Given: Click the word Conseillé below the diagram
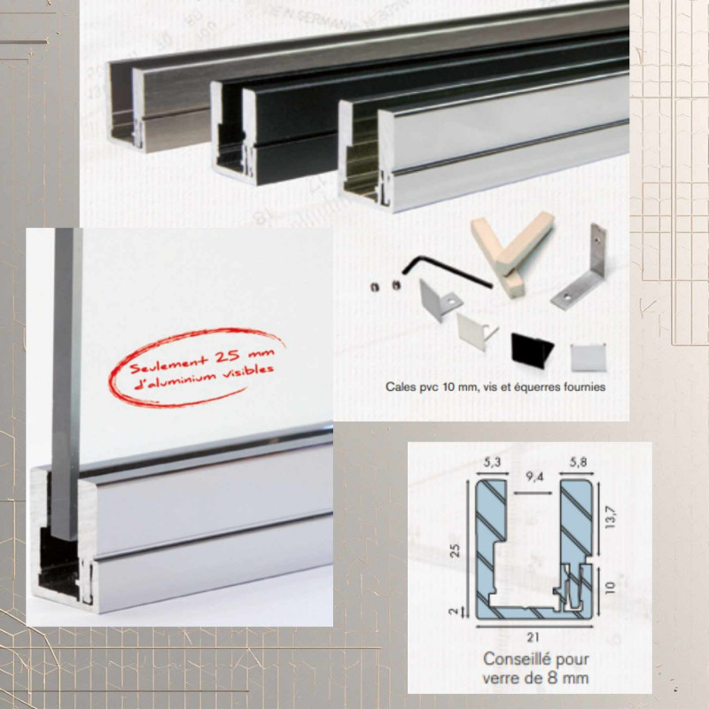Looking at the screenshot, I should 512,659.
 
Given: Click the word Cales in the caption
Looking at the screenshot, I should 401,387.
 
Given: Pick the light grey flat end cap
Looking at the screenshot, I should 585,355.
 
